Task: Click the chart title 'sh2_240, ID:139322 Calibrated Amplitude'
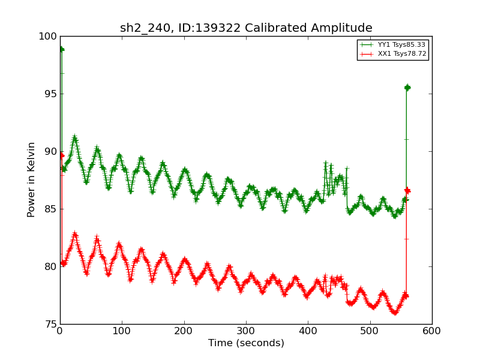[246, 28]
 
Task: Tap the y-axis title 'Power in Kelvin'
[31, 179]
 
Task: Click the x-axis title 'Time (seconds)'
[246, 343]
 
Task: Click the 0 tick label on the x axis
[60, 331]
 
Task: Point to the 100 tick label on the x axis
[122, 331]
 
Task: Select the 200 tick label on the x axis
[184, 331]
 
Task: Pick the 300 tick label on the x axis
[246, 331]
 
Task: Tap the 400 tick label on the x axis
[308, 331]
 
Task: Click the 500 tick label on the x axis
[370, 331]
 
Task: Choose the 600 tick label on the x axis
[432, 331]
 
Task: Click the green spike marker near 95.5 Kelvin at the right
[407, 88]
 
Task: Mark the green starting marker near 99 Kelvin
[61, 49]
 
